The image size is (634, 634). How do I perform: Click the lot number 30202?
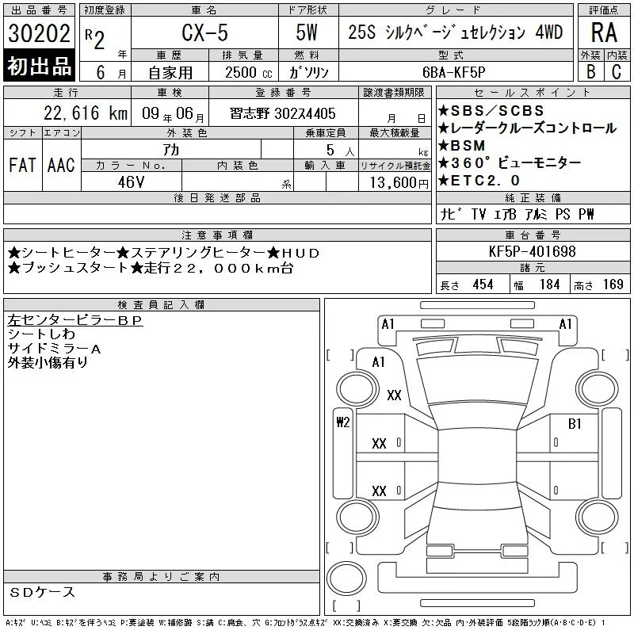click(x=39, y=33)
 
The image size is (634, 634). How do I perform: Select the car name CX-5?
click(x=204, y=32)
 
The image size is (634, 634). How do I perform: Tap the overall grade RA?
click(x=604, y=32)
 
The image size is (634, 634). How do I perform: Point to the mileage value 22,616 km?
click(x=86, y=113)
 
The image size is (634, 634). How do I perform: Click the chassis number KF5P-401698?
click(x=532, y=251)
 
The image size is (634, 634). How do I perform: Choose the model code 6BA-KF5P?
click(x=453, y=72)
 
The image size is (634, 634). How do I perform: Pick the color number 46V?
click(x=131, y=182)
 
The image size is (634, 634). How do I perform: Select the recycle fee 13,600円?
click(x=399, y=183)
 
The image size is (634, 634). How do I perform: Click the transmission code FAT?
click(x=23, y=165)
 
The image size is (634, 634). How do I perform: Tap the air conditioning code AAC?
click(x=61, y=165)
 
